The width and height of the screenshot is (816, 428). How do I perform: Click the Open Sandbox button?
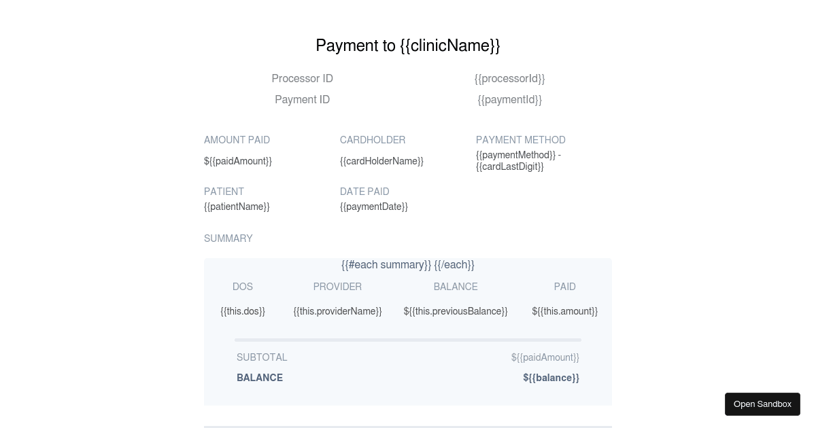[x=762, y=404]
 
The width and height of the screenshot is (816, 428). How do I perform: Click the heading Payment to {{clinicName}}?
[x=408, y=46]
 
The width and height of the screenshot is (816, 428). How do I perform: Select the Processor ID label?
[x=302, y=79]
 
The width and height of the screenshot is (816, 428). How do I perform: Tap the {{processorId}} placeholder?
[x=509, y=79]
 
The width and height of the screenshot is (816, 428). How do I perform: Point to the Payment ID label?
[x=302, y=100]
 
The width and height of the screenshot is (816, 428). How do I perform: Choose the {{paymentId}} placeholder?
[x=509, y=100]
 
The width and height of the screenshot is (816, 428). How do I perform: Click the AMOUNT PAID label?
[x=237, y=140]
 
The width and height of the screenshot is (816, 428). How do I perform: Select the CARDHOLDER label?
[x=373, y=140]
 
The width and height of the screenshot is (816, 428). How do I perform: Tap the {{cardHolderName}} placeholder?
[x=381, y=161]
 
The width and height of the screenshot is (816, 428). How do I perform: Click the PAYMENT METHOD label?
[x=521, y=140]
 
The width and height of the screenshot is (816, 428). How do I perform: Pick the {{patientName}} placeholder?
[x=237, y=207]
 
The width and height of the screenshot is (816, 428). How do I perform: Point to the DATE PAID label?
[x=364, y=192]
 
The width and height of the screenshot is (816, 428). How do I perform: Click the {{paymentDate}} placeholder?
[x=374, y=207]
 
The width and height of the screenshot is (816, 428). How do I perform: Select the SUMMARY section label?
[x=228, y=238]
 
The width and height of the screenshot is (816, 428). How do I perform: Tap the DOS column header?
[x=243, y=287]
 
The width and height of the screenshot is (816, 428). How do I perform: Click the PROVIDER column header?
[x=337, y=287]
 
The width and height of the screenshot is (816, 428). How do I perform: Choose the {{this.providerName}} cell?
[x=337, y=311]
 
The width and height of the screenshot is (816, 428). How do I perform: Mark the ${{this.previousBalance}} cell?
[x=456, y=311]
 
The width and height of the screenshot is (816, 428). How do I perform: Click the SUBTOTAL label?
[x=262, y=357]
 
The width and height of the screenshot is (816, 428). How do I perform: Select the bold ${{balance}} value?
[x=551, y=378]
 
